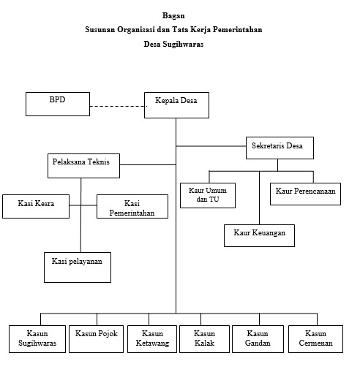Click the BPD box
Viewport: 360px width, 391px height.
58,104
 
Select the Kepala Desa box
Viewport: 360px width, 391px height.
176,105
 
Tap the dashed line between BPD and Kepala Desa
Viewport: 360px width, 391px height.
119,106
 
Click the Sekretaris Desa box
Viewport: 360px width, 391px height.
280,148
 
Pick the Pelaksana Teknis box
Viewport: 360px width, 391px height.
83,166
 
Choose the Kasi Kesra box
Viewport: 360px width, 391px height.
36,207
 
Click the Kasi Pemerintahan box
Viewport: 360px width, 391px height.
132,207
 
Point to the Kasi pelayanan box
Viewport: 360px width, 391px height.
78,267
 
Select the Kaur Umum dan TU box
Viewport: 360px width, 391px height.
208,196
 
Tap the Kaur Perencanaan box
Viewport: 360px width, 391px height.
305,194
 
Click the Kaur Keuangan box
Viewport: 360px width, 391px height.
259,235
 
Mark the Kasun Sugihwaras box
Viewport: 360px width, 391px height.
37,339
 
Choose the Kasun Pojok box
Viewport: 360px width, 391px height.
96,339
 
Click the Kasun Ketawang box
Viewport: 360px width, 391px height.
152,339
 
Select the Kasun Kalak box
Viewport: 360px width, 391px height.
204,339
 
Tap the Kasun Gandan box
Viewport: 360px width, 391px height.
258,339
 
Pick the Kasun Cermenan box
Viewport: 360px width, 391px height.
315,339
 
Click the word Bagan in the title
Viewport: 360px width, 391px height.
173,15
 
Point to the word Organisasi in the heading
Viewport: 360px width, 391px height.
136,30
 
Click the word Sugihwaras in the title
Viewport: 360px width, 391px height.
183,44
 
